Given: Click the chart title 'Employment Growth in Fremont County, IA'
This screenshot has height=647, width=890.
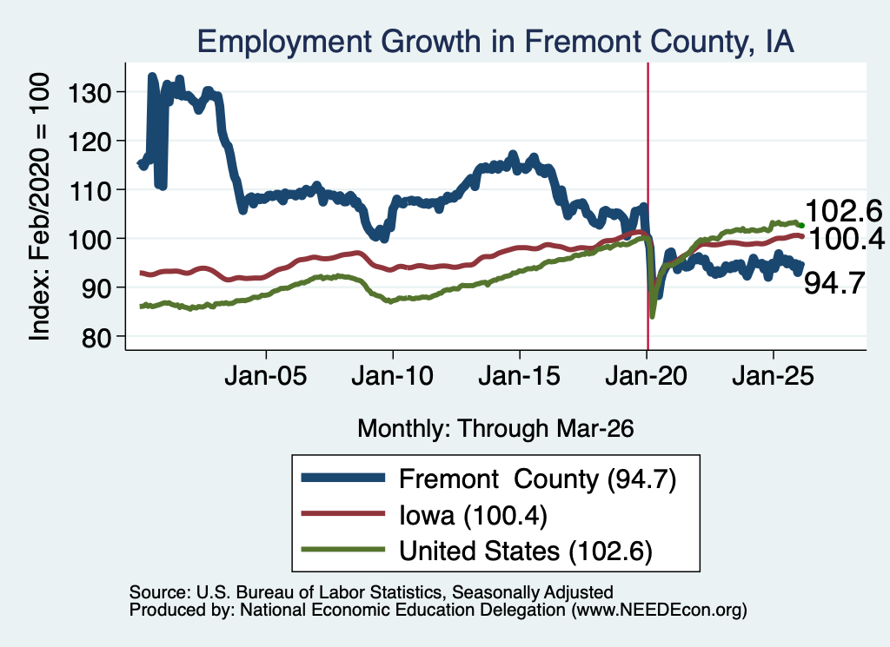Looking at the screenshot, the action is tap(495, 42).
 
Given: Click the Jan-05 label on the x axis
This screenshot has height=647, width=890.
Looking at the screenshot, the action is tap(266, 376).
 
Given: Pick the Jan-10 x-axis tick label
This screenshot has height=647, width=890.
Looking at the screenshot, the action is tap(392, 376).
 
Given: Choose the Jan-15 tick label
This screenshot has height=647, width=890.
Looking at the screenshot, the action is tap(520, 376).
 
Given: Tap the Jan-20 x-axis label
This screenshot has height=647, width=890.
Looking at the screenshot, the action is tap(647, 376).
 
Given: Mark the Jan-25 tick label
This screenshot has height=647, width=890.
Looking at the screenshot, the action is tap(773, 376).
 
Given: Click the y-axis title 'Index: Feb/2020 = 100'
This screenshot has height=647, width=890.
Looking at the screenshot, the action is tap(39, 207).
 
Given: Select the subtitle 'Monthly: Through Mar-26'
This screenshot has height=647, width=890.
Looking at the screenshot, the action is tap(495, 428).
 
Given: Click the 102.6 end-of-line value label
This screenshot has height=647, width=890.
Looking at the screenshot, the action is tap(843, 211).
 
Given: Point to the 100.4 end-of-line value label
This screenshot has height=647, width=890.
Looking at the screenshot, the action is tap(845, 239).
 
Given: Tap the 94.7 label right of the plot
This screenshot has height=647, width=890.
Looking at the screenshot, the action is tap(834, 283).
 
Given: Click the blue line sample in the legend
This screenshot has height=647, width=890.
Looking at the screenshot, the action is tap(342, 478).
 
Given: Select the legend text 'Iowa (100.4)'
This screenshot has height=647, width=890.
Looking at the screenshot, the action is tap(473, 516).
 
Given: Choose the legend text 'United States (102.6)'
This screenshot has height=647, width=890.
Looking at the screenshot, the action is tap(526, 551).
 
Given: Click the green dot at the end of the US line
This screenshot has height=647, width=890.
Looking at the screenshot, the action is tap(801, 226).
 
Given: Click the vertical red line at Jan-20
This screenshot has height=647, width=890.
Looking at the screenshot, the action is tap(648, 206).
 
